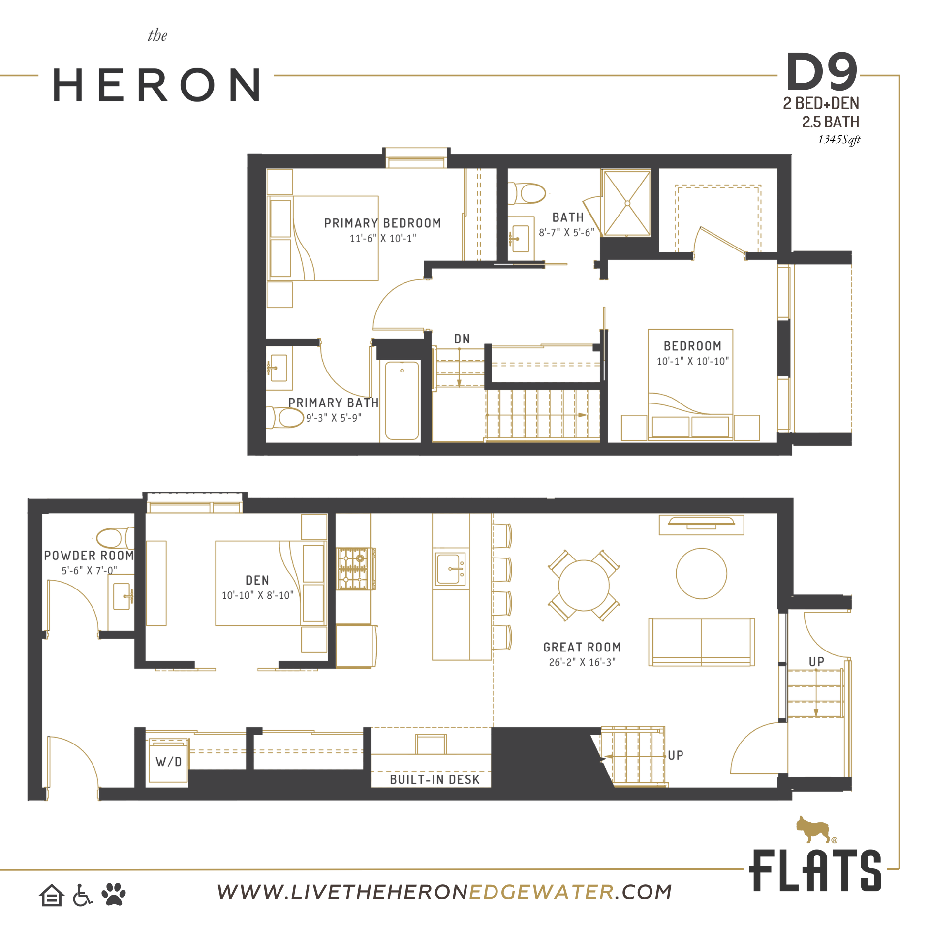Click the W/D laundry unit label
tap(169, 762)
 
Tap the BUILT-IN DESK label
tap(434, 780)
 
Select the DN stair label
tap(462, 339)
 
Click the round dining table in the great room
tap(584, 586)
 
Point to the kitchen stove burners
tap(353, 569)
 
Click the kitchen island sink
tap(450, 569)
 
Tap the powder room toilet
tap(115, 538)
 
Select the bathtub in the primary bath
tap(402, 401)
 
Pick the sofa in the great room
tap(702, 642)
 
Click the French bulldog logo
tap(814, 830)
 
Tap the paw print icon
tap(114, 894)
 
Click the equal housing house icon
tap(52, 895)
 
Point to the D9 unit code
tap(822, 72)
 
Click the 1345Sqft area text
tap(839, 140)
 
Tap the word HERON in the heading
tap(156, 85)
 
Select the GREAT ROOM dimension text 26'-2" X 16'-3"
tap(582, 662)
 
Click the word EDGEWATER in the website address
tap(541, 892)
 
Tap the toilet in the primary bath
tap(285, 418)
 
